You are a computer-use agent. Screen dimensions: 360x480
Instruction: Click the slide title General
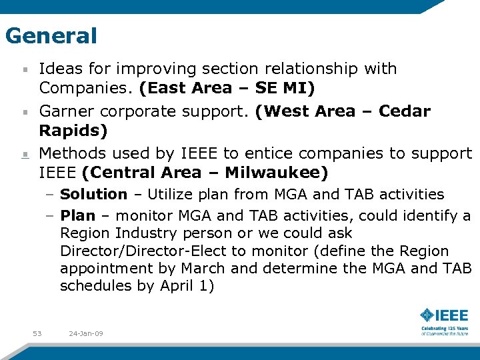coord(51,35)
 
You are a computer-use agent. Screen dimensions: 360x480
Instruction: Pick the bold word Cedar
coord(405,111)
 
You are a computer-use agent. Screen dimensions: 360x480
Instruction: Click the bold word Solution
coord(93,195)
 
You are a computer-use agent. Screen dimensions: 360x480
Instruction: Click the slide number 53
coord(37,333)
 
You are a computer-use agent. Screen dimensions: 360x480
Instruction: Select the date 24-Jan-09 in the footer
coord(85,333)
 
